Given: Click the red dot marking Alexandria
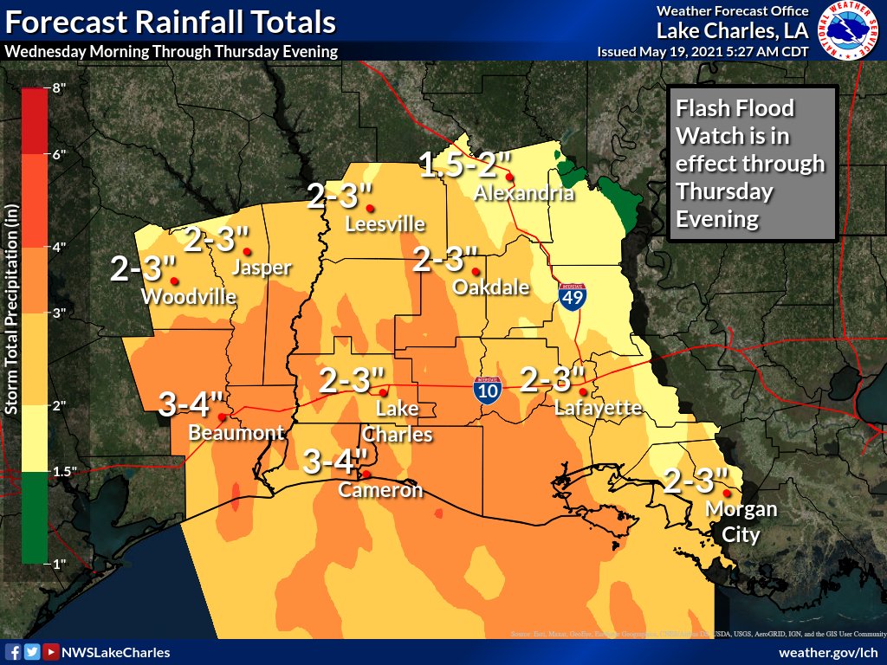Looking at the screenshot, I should click(x=510, y=177).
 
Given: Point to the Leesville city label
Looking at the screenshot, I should click(x=385, y=224).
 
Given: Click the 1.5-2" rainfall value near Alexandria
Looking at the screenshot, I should click(x=465, y=164).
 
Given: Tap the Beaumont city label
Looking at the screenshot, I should click(x=236, y=432).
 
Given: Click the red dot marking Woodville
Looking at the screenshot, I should click(x=174, y=281).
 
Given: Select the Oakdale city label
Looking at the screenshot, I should click(x=491, y=287).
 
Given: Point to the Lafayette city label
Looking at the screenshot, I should click(x=598, y=408).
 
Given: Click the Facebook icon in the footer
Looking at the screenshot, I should click(x=14, y=652).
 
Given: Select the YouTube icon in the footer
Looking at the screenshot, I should click(x=51, y=652).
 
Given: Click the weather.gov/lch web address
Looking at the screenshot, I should click(x=828, y=652).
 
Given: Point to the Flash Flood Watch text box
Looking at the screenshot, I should click(x=752, y=164).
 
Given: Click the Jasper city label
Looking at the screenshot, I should click(x=262, y=268).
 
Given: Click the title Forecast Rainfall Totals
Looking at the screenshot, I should click(x=171, y=21).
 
